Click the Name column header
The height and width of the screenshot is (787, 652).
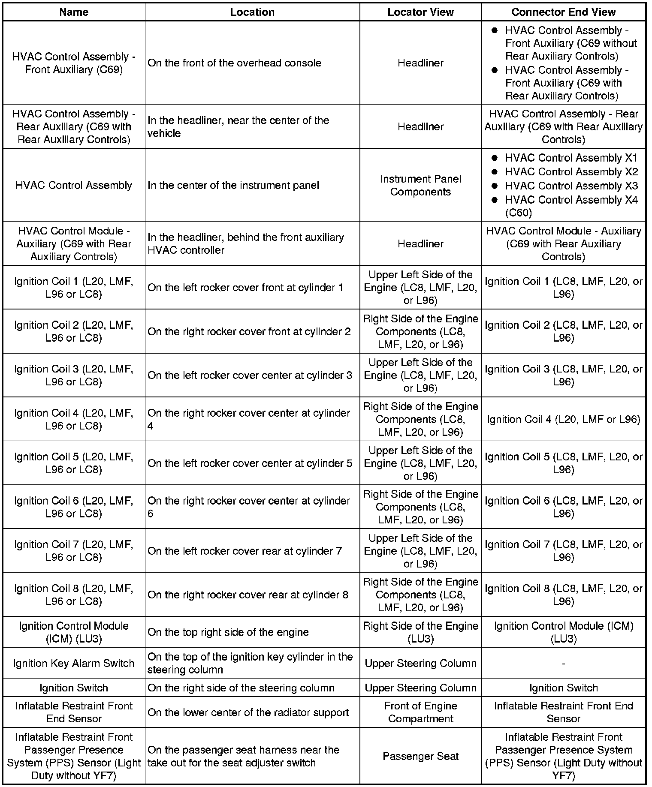[x=74, y=12]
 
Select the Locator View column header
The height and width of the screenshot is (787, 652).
[x=420, y=12]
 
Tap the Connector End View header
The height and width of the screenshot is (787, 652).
[x=563, y=12]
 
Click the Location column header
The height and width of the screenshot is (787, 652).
[x=252, y=12]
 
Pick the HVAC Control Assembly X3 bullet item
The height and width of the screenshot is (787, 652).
[x=571, y=186]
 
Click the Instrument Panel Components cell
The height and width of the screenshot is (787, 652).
[x=420, y=185]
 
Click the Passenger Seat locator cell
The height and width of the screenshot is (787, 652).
[x=420, y=756]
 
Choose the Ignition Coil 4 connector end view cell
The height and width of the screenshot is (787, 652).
[x=563, y=419]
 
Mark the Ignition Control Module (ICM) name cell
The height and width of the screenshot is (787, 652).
[x=74, y=632]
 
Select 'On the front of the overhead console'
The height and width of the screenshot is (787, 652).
[x=235, y=63]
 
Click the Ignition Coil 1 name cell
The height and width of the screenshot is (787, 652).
[x=74, y=288]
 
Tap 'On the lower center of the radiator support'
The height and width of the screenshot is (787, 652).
[x=248, y=712]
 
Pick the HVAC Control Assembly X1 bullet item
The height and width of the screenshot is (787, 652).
[x=571, y=158]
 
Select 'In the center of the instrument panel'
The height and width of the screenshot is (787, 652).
[x=233, y=185]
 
